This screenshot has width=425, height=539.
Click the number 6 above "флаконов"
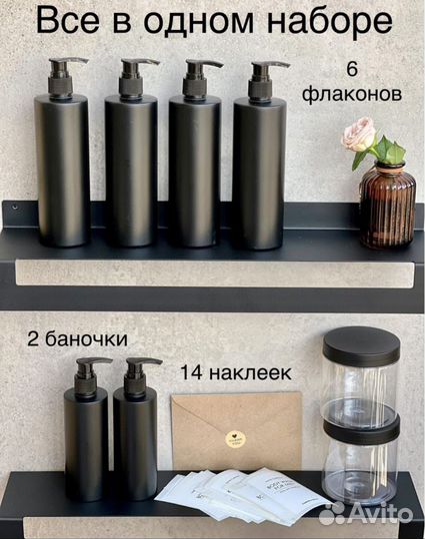coord(351,69)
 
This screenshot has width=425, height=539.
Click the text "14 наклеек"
coord(235,372)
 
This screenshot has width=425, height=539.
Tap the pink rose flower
coord(358,134)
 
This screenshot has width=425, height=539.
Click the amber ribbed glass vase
coord(386,205)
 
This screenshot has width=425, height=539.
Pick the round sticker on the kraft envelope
coord(235,438)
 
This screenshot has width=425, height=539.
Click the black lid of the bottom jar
coord(361,426)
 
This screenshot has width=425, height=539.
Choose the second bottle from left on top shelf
coord(132,170)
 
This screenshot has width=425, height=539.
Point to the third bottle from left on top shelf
coord(194,170)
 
